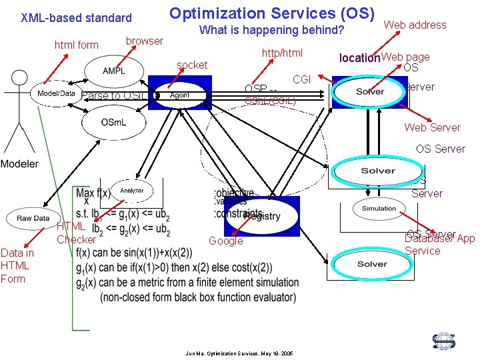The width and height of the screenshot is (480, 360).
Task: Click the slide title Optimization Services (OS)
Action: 271,13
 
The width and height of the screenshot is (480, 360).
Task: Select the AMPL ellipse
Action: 113,71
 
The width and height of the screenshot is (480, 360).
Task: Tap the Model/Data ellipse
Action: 56,93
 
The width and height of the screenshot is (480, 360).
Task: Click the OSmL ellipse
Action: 112,121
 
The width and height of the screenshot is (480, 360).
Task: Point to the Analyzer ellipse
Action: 132,191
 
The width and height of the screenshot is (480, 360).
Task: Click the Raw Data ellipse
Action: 33,218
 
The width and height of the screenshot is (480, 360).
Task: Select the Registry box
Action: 262,215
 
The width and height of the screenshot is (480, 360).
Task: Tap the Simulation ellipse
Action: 379,209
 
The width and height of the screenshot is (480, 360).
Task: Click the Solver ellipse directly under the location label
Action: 369,91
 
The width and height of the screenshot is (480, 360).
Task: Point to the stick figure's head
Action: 11,79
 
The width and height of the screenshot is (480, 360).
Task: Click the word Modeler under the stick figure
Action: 19,164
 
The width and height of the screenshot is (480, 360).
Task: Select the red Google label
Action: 226,241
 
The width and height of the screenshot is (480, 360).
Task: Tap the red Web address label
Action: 415,25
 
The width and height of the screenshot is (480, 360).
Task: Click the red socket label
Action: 192,65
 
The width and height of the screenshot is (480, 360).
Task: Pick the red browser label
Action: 144,41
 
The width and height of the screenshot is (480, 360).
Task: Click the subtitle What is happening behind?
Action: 271,30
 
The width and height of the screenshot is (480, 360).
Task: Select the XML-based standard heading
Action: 76,18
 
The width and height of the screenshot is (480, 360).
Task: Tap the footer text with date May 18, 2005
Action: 239,353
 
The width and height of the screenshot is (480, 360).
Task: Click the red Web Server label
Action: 432,127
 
